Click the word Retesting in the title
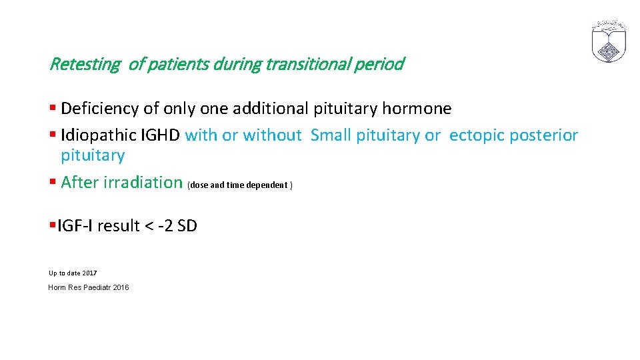[85, 65]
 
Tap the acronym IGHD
[160, 135]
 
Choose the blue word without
[272, 135]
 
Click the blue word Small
[331, 135]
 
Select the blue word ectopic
[477, 135]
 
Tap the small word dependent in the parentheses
[267, 185]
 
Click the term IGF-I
[75, 226]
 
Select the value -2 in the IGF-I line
[165, 226]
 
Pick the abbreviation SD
[187, 226]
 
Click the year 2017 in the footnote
[89, 273]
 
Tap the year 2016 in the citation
[121, 287]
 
